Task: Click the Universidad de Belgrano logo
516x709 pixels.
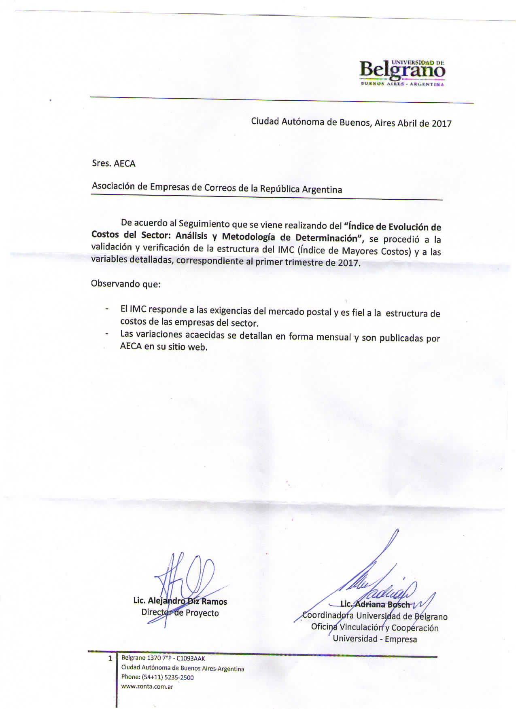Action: tap(402, 73)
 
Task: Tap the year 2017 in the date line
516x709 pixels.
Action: tap(441, 124)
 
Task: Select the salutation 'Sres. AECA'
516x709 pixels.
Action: tap(114, 164)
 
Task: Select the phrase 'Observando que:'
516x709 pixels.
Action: tap(126, 284)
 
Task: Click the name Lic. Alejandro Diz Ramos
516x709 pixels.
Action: tap(180, 601)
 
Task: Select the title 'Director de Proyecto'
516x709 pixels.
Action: tap(180, 613)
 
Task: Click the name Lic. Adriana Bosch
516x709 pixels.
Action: tap(375, 605)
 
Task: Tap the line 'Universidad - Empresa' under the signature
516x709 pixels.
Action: tap(375, 639)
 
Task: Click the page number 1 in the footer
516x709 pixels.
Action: tap(110, 658)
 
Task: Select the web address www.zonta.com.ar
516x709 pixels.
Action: tap(147, 686)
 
